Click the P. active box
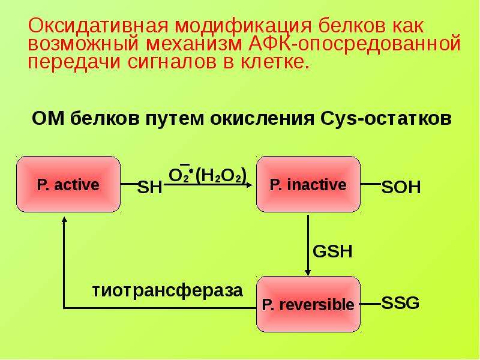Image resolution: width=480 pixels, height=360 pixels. (x=68, y=184)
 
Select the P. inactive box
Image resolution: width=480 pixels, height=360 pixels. (x=308, y=184)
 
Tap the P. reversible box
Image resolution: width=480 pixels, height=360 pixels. (x=308, y=304)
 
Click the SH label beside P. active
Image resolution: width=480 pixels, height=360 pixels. (x=149, y=187)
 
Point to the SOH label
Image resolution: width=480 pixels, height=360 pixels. (x=401, y=187)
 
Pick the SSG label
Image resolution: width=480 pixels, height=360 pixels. (x=400, y=303)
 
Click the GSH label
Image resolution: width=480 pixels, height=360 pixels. (x=332, y=251)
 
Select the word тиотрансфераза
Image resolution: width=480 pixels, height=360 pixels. (x=167, y=290)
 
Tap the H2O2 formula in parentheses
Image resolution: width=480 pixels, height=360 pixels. (x=221, y=176)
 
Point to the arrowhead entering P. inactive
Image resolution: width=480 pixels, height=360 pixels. (x=250, y=185)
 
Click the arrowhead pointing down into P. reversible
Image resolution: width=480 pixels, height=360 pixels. (x=308, y=272)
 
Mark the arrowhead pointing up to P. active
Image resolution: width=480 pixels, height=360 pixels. (x=64, y=220)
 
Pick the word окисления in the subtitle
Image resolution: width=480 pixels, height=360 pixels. (x=262, y=118)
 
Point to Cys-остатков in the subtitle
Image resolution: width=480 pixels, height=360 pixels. (x=386, y=118)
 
